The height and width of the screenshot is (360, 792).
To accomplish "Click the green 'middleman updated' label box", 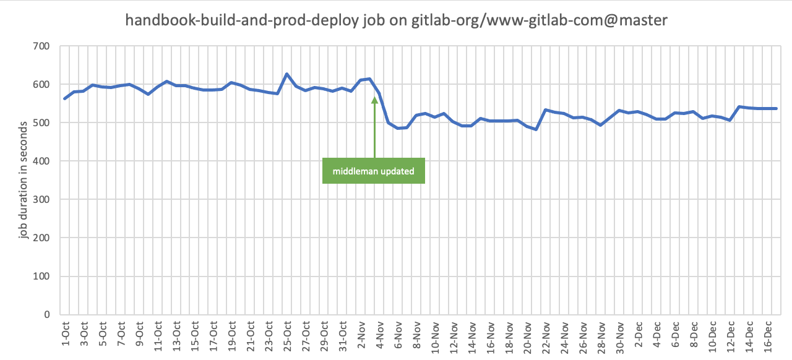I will [x=373, y=171].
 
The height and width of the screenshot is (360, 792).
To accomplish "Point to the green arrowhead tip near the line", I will [x=374, y=98].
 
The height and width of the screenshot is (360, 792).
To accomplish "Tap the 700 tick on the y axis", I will [x=42, y=46].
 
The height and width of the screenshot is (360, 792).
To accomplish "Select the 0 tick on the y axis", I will [x=47, y=314].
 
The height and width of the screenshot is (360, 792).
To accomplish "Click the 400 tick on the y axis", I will [x=42, y=161].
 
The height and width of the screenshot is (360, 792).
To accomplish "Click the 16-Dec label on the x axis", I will [x=769, y=333].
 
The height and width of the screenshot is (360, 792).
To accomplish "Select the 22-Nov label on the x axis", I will [x=547, y=333].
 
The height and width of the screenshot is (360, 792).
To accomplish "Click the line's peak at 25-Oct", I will [x=287, y=74].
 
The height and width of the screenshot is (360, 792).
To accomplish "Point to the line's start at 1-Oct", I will [x=65, y=98].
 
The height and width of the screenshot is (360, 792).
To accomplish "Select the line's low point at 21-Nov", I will [x=536, y=129].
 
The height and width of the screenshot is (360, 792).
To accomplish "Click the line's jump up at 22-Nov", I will [x=546, y=110].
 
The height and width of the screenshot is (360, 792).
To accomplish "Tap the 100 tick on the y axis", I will [x=42, y=276].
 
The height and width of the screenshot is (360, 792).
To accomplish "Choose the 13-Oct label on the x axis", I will [x=176, y=333].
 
